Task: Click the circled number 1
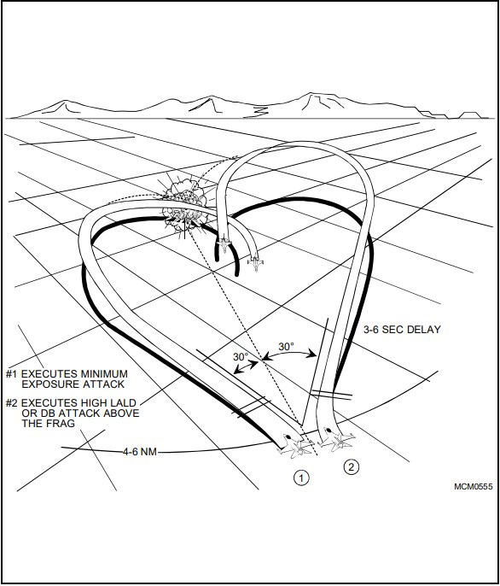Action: pyautogui.click(x=301, y=478)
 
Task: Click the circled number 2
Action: pyautogui.click(x=351, y=467)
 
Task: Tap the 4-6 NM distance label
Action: pyautogui.click(x=140, y=452)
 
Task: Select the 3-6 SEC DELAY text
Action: pyautogui.click(x=402, y=330)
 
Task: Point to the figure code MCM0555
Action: pyautogui.click(x=473, y=486)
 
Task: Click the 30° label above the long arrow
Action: pyautogui.click(x=286, y=347)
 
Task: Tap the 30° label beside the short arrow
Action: pyautogui.click(x=241, y=357)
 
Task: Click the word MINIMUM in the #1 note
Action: pyautogui.click(x=104, y=374)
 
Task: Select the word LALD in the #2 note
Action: pyautogui.click(x=123, y=403)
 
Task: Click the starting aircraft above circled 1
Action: pyautogui.click(x=295, y=445)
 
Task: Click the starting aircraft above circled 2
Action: pyautogui.click(x=337, y=440)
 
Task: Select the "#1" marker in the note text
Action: pyautogui.click(x=12, y=374)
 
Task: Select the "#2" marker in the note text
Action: pyautogui.click(x=12, y=403)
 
